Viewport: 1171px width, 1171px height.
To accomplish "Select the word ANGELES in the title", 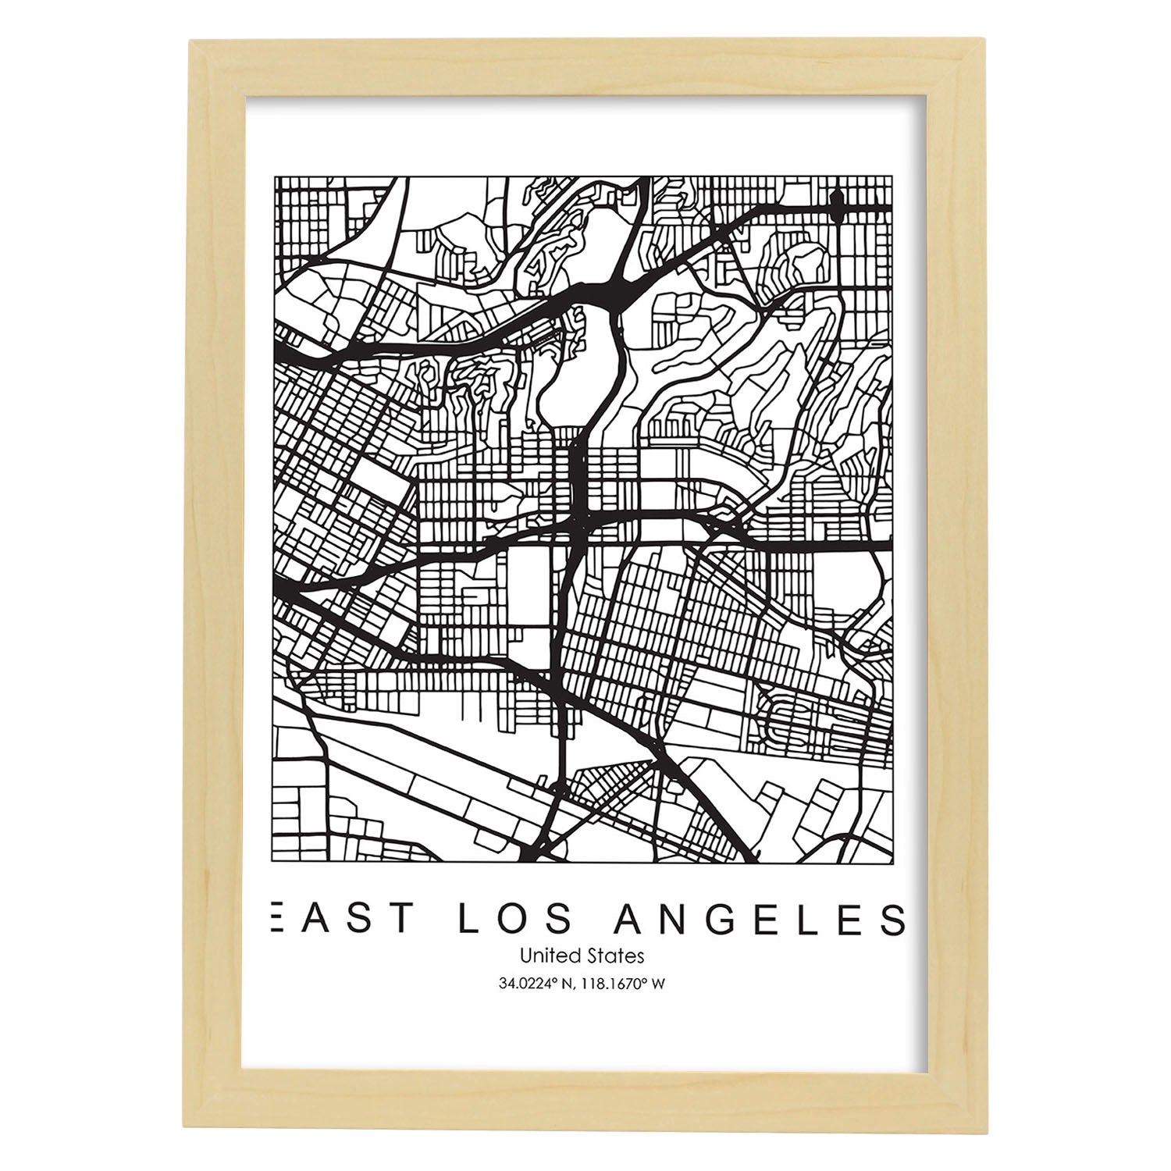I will pyautogui.click(x=760, y=919).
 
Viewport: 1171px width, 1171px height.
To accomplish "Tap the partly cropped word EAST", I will pyautogui.click(x=340, y=919).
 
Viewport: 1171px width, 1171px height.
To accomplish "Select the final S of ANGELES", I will pyautogui.click(x=892, y=919).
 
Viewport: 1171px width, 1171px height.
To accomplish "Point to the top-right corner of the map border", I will pyautogui.click(x=892, y=177).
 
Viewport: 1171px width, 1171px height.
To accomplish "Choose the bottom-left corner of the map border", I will pyautogui.click(x=274, y=862).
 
